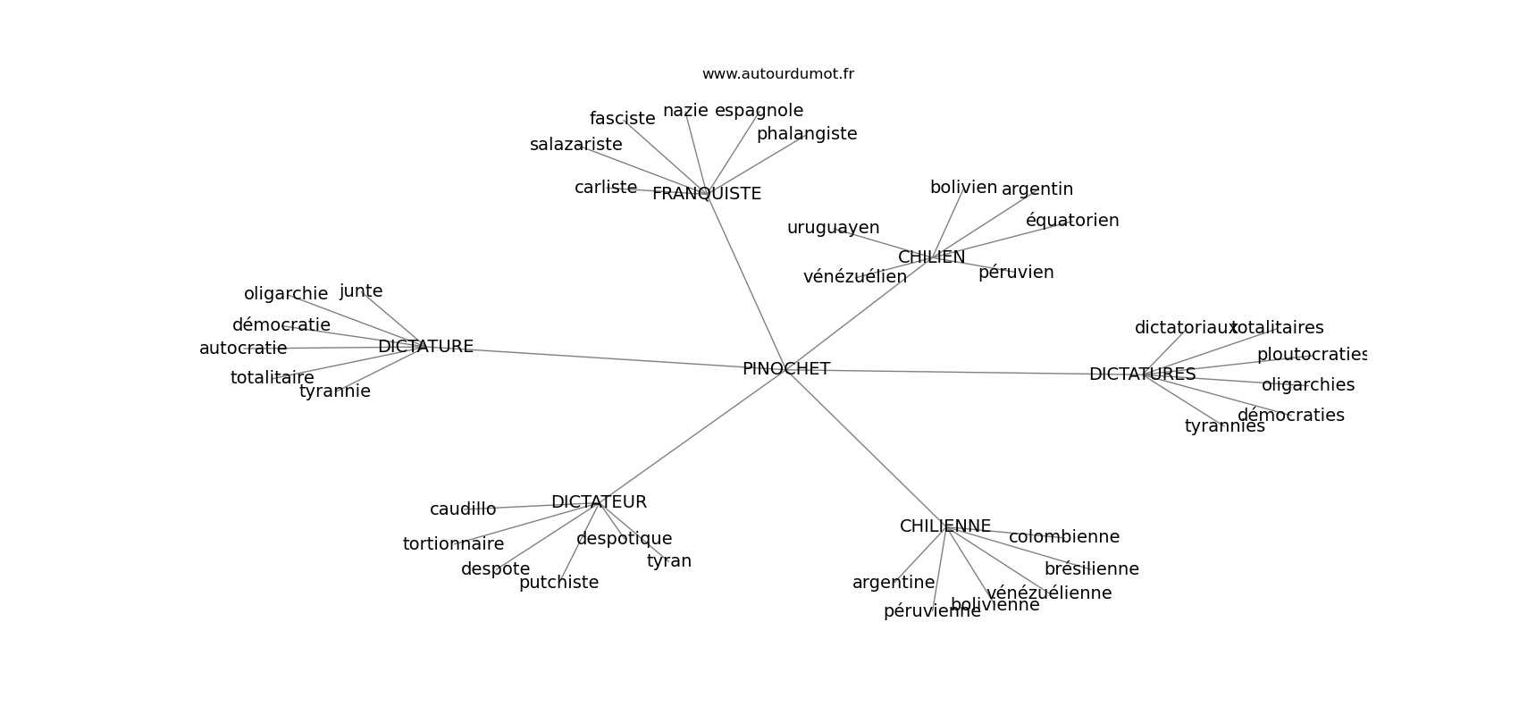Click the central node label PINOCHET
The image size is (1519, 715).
pyautogui.click(x=785, y=369)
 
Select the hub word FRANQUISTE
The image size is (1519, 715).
pyautogui.click(x=706, y=194)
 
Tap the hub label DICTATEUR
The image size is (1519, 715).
pyautogui.click(x=599, y=502)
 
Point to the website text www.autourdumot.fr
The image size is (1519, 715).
pyautogui.click(x=777, y=74)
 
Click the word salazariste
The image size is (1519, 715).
pyautogui.click(x=575, y=145)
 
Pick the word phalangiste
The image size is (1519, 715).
pyautogui.click(x=806, y=134)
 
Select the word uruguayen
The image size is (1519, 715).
pyautogui.click(x=833, y=228)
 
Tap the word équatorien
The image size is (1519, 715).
pyautogui.click(x=1071, y=221)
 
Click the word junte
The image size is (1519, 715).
pyautogui.click(x=361, y=291)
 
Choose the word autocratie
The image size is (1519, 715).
pyautogui.click(x=243, y=349)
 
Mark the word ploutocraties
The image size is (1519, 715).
pyautogui.click(x=1312, y=355)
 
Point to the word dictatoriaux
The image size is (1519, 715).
pyautogui.click(x=1185, y=328)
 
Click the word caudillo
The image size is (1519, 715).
pyautogui.click(x=463, y=509)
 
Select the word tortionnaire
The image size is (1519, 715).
pyautogui.click(x=453, y=544)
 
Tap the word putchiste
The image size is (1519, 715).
pyautogui.click(x=558, y=583)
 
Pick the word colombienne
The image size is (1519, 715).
pyautogui.click(x=1063, y=537)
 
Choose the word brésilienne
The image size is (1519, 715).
pyautogui.click(x=1091, y=569)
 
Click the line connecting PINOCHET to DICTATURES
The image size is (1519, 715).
pyautogui.click(x=947, y=372)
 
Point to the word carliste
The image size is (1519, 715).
pyautogui.click(x=606, y=188)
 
